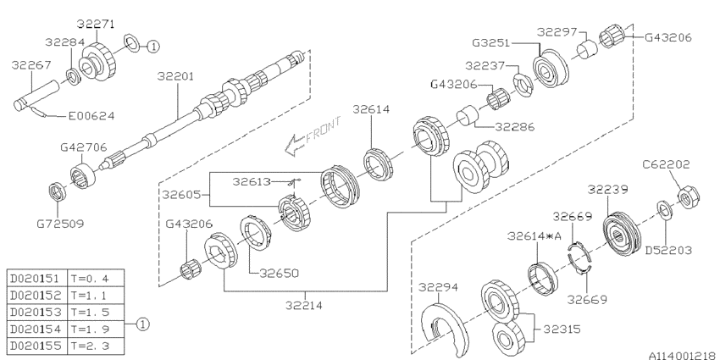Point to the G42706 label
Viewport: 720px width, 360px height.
coord(83,147)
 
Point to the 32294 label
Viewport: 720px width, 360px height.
coord(435,288)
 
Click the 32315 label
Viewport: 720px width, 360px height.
coord(564,328)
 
